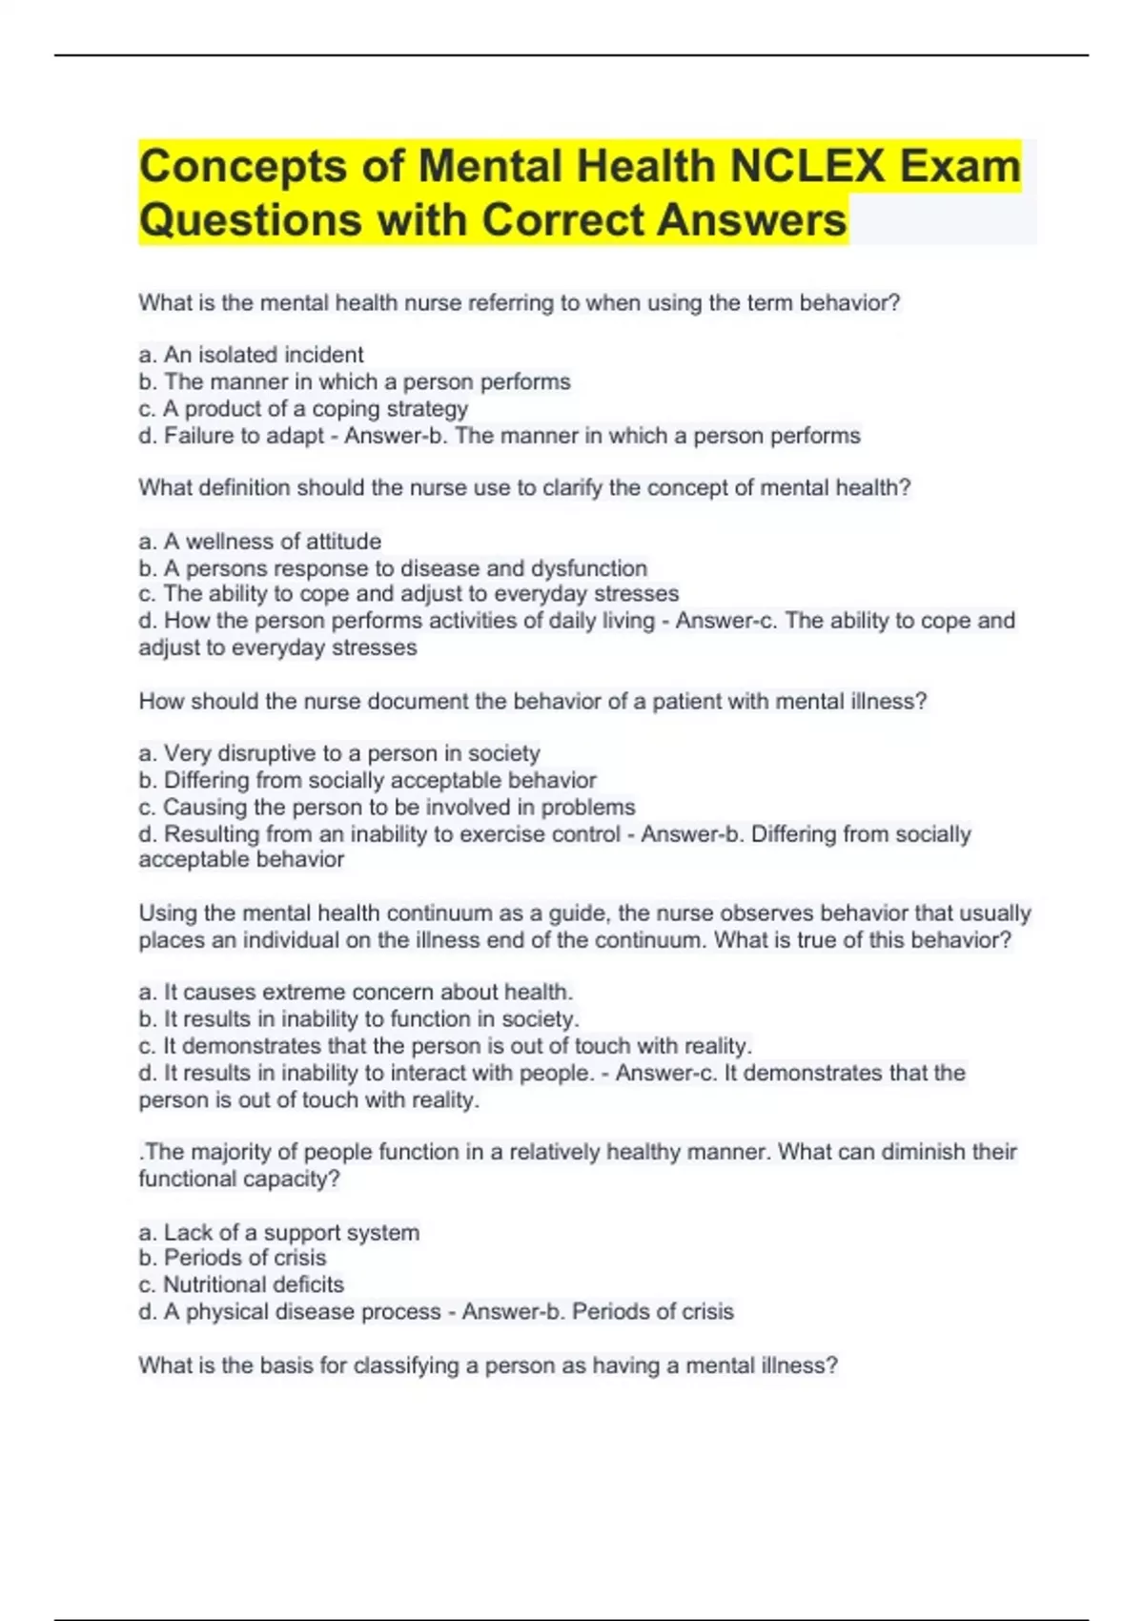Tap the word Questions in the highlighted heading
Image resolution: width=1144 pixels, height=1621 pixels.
pyautogui.click(x=249, y=219)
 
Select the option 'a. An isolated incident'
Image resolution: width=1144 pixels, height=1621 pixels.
pyautogui.click(x=251, y=355)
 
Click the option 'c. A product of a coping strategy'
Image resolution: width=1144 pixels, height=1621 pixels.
pyautogui.click(x=303, y=409)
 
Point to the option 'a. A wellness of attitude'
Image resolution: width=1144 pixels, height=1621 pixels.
pyautogui.click(x=259, y=542)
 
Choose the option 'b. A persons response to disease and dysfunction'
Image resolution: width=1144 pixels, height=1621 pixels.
pyautogui.click(x=393, y=568)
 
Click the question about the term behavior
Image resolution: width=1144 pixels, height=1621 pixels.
pyautogui.click(x=519, y=303)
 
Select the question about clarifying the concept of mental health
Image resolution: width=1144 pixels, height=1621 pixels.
pyautogui.click(x=524, y=488)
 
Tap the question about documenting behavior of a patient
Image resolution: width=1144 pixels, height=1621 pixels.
pyautogui.click(x=532, y=702)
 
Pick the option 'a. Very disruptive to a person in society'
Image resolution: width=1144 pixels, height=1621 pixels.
pyautogui.click(x=339, y=753)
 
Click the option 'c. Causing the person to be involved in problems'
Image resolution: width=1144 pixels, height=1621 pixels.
pyautogui.click(x=387, y=808)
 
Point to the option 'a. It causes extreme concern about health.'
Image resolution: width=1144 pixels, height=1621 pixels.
pyautogui.click(x=356, y=992)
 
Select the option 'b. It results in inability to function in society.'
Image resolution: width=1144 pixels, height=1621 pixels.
pyautogui.click(x=358, y=1019)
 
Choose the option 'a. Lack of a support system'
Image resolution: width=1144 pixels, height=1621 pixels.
pyautogui.click(x=278, y=1233)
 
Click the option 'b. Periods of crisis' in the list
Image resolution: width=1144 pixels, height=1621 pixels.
pyautogui.click(x=233, y=1258)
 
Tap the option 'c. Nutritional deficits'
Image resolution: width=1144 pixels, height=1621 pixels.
pyautogui.click(x=241, y=1284)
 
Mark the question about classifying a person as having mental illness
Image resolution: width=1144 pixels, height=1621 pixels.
pyautogui.click(x=488, y=1365)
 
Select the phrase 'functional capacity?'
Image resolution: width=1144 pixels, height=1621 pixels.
pyautogui.click(x=239, y=1179)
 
